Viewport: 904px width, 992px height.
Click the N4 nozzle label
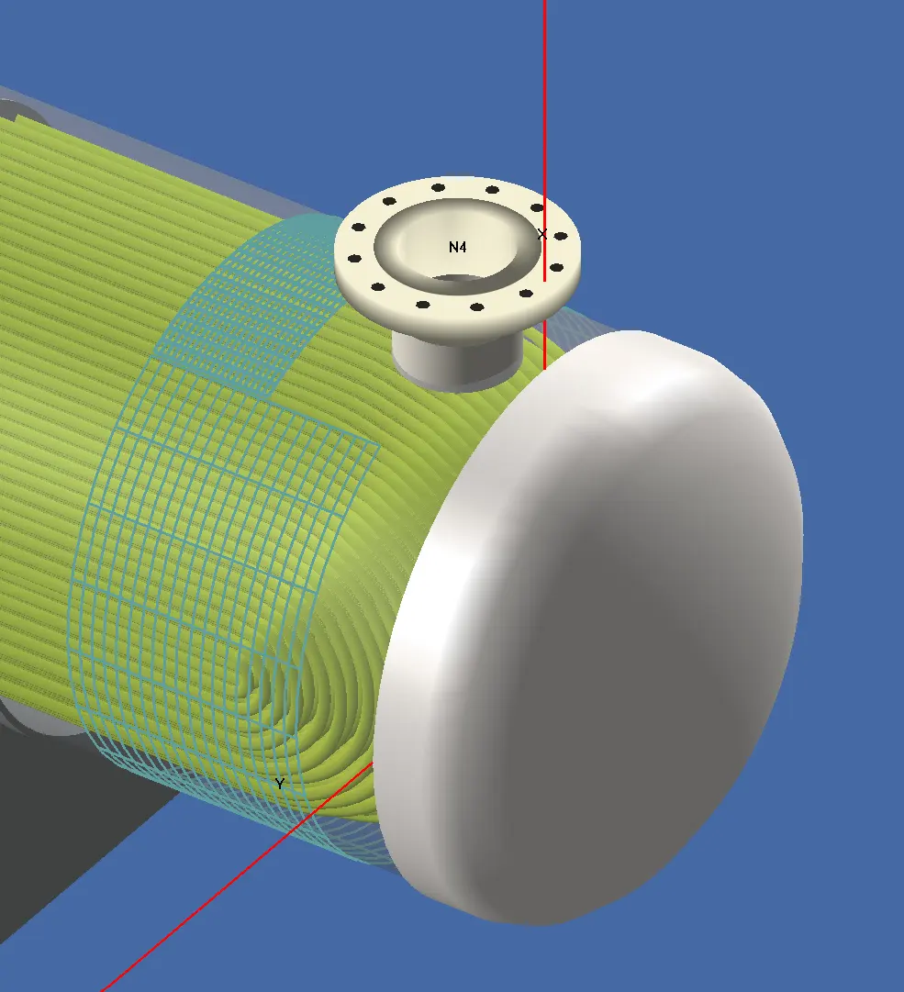[457, 247]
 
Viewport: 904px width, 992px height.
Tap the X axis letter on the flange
[541, 234]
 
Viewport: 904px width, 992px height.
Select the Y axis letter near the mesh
[280, 784]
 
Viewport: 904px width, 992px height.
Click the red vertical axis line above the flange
[545, 92]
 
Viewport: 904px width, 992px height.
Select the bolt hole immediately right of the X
[561, 236]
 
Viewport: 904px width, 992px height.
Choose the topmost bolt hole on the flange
[438, 187]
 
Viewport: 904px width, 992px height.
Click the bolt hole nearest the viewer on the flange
[476, 307]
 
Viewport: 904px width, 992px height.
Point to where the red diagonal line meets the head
[374, 763]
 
